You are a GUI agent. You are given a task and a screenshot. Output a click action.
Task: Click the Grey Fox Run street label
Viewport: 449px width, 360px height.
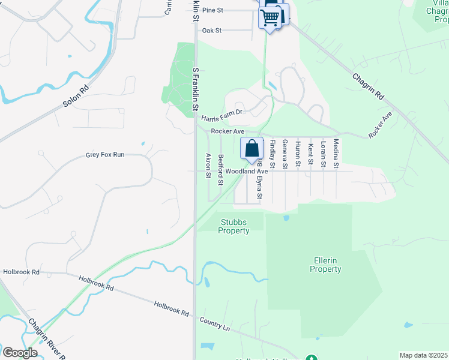point(105,154)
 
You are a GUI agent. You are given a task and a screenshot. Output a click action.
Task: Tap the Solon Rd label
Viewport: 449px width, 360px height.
point(76,96)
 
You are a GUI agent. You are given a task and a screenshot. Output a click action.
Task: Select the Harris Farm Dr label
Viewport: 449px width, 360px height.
point(221,112)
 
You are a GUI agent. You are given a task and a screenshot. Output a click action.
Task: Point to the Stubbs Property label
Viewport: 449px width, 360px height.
point(234,227)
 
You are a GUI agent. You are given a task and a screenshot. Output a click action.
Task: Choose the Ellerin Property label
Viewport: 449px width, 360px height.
point(325,265)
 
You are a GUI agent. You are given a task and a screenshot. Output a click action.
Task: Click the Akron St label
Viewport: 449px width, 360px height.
point(209,165)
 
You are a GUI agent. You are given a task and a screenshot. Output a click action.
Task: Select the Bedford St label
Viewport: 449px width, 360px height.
point(221,165)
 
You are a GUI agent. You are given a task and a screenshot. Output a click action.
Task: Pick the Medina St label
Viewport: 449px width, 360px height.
point(336,152)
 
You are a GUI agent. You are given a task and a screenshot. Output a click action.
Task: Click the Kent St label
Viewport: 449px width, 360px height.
point(310,154)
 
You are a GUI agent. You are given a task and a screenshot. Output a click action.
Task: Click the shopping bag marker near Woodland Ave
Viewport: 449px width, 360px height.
point(253,148)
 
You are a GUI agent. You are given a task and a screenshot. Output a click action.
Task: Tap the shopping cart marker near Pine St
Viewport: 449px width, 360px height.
point(270,18)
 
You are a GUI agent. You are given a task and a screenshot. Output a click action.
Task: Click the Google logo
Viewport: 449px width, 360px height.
point(20,353)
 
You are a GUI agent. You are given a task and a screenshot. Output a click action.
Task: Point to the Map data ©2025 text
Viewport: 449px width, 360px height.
point(423,355)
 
